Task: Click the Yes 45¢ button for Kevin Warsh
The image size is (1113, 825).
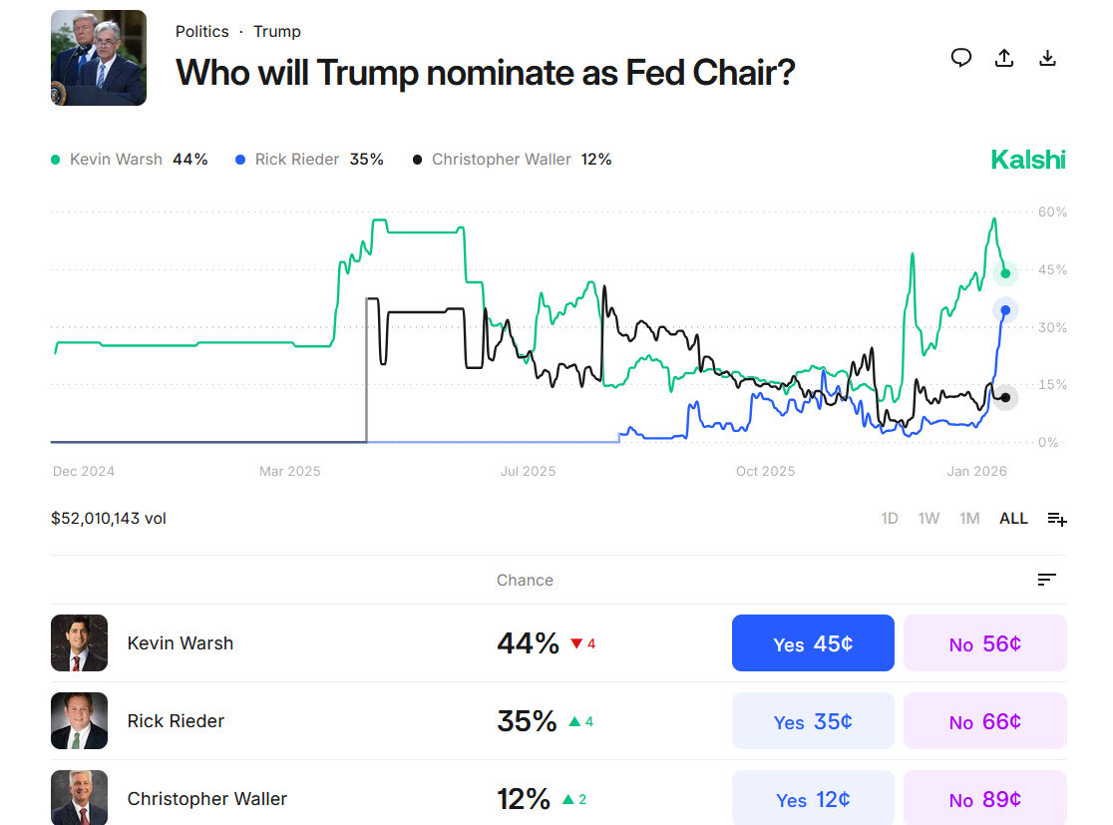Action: coord(813,643)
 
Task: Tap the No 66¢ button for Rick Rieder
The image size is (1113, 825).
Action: coord(984,721)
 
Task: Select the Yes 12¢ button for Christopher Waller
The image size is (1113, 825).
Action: coord(813,799)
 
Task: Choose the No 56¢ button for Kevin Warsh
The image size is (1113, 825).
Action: coord(984,643)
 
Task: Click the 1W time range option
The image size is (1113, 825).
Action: coord(928,519)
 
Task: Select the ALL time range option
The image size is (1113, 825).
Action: coord(1013,519)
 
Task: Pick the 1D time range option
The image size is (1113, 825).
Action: coord(890,519)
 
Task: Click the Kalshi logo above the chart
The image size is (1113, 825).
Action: coord(1027,160)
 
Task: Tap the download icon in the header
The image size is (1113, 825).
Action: coord(1047,58)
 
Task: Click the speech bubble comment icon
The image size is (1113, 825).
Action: coord(960,58)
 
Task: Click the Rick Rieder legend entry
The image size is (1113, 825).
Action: coord(308,160)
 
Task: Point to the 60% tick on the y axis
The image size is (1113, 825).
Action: coord(1052,212)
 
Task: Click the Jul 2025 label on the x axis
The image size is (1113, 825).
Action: coord(528,471)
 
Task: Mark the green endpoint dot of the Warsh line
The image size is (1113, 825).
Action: coord(1005,273)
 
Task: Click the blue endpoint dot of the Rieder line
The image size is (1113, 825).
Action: coord(1005,310)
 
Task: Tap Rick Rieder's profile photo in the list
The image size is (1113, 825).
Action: coord(79,721)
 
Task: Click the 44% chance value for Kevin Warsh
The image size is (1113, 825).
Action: coord(528,643)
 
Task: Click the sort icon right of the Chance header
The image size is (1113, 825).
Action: coord(1046,580)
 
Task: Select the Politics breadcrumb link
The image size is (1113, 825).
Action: coord(201,32)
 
